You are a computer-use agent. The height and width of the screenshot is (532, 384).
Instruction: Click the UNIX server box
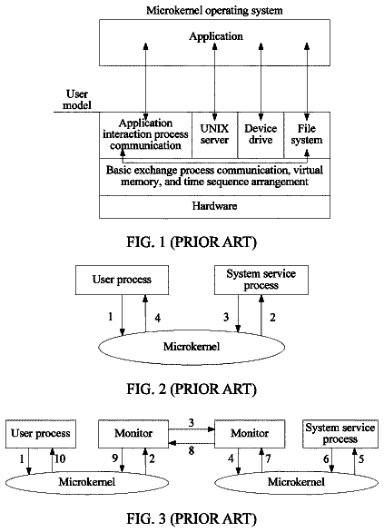pyautogui.click(x=215, y=135)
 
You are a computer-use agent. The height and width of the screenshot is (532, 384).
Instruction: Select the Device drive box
pyautogui.click(x=261, y=135)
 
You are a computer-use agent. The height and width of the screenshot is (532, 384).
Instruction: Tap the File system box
pyautogui.click(x=307, y=135)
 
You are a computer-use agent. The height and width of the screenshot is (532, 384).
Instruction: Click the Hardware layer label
pyautogui.click(x=214, y=206)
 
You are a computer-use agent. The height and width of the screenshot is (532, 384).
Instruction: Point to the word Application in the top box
pyautogui.click(x=216, y=36)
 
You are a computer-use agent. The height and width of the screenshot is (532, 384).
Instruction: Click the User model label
pyautogui.click(x=77, y=100)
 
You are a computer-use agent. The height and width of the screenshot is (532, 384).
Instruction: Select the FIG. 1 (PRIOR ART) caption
pyautogui.click(x=192, y=242)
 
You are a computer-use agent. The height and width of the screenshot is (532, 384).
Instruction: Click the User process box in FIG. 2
pyautogui.click(x=122, y=280)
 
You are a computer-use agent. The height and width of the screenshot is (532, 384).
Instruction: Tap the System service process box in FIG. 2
pyautogui.click(x=261, y=280)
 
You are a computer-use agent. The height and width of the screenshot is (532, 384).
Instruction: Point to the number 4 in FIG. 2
pyautogui.click(x=158, y=318)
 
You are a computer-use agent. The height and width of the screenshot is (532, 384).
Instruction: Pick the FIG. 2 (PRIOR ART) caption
pyautogui.click(x=192, y=389)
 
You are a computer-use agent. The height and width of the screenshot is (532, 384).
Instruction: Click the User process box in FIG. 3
pyautogui.click(x=41, y=434)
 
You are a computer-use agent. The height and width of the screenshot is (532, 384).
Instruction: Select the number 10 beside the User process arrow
pyautogui.click(x=60, y=459)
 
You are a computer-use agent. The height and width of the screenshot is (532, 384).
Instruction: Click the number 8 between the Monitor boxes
pyautogui.click(x=192, y=451)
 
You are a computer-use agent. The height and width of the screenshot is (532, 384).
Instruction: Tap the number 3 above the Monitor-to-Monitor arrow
pyautogui.click(x=192, y=423)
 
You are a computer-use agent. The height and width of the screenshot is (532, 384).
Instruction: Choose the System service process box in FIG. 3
pyautogui.click(x=340, y=434)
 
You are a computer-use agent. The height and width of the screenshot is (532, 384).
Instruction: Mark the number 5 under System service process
pyautogui.click(x=361, y=459)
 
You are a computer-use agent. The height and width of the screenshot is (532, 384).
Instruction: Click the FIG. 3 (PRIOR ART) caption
pyautogui.click(x=192, y=518)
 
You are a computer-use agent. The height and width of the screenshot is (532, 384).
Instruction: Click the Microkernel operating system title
pyautogui.click(x=214, y=11)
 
